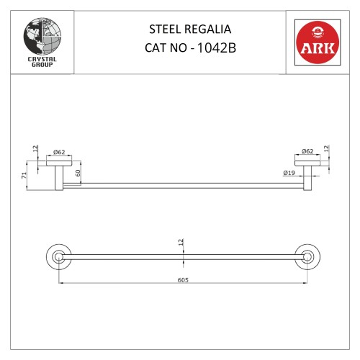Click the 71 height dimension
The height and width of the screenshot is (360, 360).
[x=24, y=175]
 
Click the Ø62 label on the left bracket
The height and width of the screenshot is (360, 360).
[x=60, y=152]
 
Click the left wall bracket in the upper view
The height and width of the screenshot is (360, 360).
[x=58, y=174]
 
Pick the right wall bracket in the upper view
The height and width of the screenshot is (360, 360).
[x=307, y=174]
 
